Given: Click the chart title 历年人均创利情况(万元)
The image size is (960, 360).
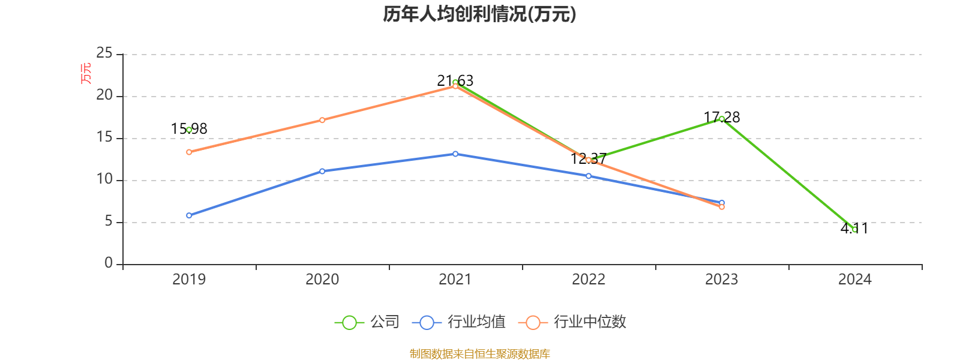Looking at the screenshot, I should coord(479,14).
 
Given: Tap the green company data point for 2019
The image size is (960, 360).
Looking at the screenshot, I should coord(189,130).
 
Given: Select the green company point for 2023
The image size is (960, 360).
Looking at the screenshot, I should coord(721,119).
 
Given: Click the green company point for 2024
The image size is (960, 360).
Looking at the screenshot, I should coord(854,230).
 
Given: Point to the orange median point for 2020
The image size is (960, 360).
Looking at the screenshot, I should coord(322,120).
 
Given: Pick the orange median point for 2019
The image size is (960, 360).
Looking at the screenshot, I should coord(189,152).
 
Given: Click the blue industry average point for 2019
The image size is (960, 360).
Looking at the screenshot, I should coord(189,215).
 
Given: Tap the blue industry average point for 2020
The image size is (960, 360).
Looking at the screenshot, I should coord(322,171).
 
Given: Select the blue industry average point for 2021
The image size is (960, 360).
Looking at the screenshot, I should coord(455,154).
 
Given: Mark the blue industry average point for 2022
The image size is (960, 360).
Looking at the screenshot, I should coord(589,176).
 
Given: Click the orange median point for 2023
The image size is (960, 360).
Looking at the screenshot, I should coord(722,207).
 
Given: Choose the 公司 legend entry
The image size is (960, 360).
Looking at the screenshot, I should coord(367,322).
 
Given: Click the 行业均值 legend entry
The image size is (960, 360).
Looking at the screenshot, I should coord(459,322).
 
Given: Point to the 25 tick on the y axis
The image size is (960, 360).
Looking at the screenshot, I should coord(104,53).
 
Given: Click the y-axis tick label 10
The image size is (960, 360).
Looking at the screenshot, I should coord(104,179).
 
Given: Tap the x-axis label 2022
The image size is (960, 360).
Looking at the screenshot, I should coord(589,279).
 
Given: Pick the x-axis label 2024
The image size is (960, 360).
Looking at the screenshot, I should coord(854,279).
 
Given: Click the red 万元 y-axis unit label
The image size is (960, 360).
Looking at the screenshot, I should coord(86,73).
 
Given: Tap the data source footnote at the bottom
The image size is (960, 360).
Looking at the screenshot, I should coord(479,353).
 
